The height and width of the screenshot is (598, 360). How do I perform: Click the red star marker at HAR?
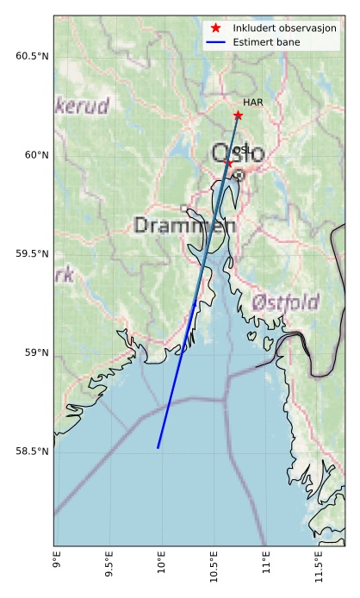point(238,115)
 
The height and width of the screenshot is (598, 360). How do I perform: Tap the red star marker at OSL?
point(228,162)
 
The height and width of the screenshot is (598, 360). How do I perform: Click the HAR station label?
point(252,103)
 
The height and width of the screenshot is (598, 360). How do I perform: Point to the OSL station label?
point(242,151)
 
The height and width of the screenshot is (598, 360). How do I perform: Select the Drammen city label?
point(185,226)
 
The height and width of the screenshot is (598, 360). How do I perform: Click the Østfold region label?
point(286,302)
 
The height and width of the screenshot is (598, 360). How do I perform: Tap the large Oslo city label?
point(239,155)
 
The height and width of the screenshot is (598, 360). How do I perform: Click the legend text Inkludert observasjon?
point(285,28)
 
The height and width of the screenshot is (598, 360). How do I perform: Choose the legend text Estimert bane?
point(270,42)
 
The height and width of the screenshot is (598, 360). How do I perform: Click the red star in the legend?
point(216,28)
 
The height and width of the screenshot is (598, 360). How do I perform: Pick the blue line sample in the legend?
point(216,42)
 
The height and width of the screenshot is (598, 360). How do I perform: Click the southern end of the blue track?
point(158,447)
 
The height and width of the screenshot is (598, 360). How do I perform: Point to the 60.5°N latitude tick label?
point(33,57)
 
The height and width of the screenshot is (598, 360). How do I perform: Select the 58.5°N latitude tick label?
point(33,452)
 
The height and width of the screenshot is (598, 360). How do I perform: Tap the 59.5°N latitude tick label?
point(33,254)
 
